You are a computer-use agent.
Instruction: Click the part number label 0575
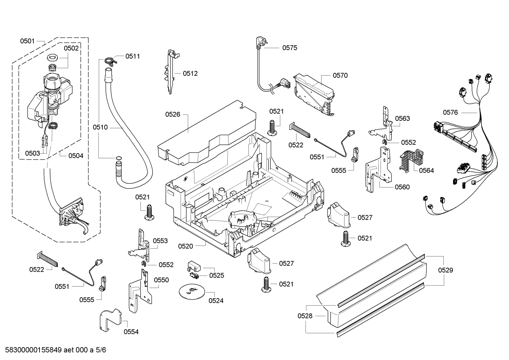tap(289, 48)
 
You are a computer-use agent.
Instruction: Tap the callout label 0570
tap(340, 75)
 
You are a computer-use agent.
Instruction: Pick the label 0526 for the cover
tap(173, 114)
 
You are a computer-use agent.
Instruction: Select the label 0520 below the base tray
tap(185, 246)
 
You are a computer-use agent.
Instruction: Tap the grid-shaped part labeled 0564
tap(411, 159)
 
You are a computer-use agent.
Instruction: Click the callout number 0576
tap(450, 112)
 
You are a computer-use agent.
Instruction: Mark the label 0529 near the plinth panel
tap(445, 270)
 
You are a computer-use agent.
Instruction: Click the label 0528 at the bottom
tap(305, 316)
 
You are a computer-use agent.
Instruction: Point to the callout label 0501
tap(27, 41)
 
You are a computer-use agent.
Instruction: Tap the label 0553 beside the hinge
tap(160, 241)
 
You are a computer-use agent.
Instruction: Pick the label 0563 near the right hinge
tap(402, 118)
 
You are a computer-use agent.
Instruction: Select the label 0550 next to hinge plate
tap(161, 280)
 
